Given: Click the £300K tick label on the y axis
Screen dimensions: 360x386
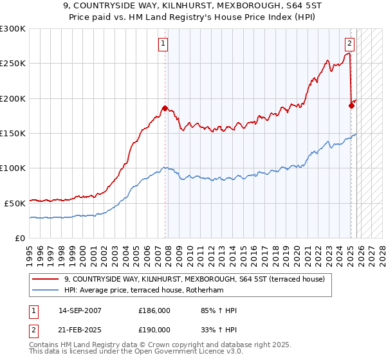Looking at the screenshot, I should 13,29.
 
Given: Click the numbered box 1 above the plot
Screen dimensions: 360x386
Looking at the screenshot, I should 163,44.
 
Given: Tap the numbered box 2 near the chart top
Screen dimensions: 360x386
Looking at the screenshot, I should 349,44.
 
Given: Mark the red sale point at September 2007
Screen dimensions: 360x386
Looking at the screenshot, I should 165,109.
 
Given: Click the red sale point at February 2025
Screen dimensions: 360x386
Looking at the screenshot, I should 351,106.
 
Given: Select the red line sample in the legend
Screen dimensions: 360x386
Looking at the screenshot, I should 45,279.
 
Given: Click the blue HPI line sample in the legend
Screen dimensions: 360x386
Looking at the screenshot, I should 45,290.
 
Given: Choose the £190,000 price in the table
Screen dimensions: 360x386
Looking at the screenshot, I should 154,329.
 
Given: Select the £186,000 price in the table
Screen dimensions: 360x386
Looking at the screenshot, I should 154,310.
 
